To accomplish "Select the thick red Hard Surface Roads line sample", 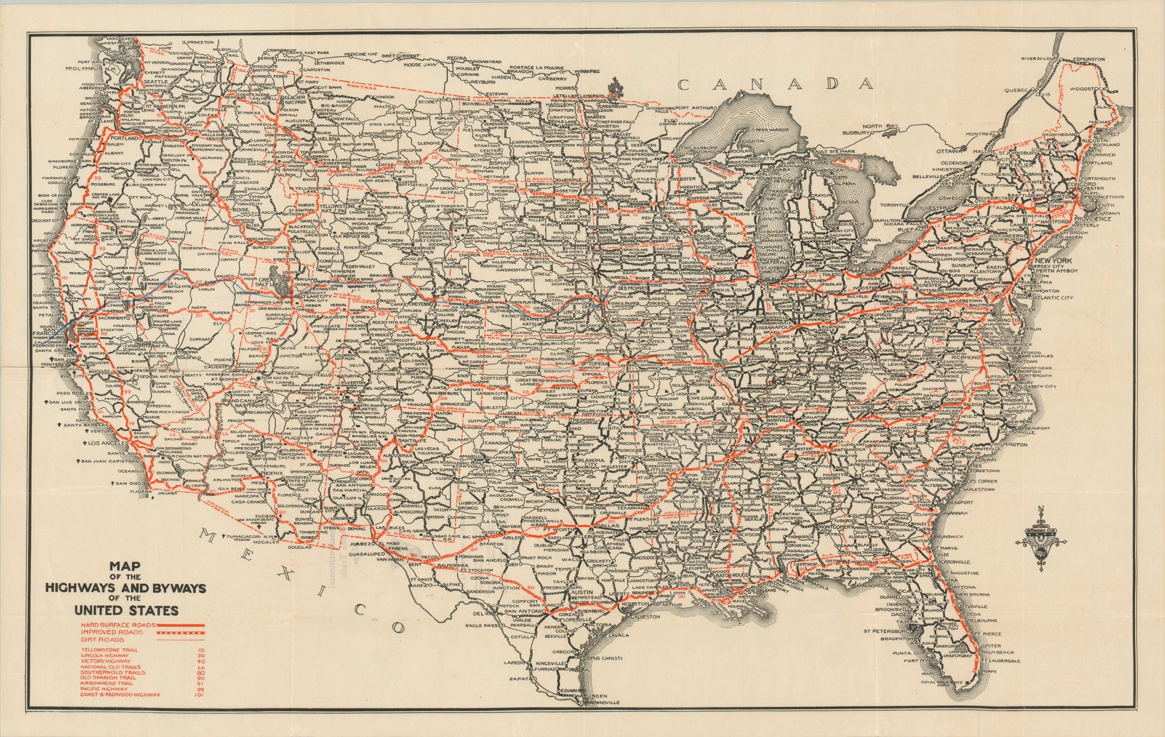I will point(180,624).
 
